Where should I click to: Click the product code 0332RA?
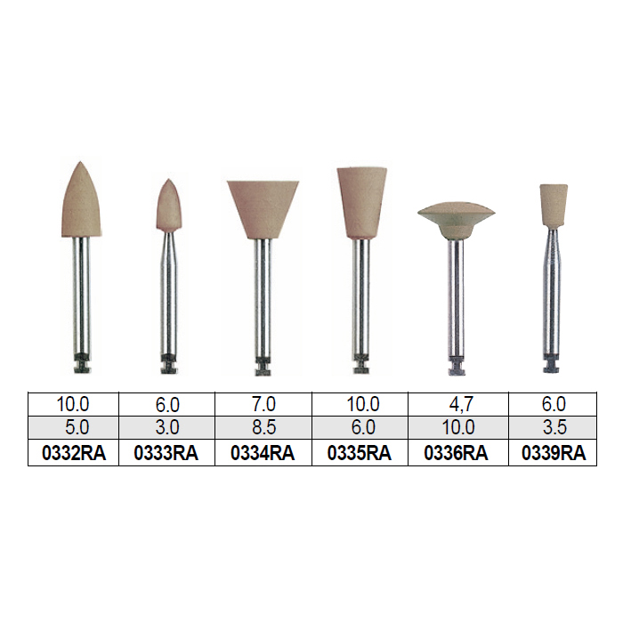tap(74, 453)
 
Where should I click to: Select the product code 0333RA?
tap(166, 453)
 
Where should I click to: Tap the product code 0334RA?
tap(263, 453)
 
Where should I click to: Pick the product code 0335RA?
tap(360, 453)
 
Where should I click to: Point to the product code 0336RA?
tap(456, 453)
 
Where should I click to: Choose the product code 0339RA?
tap(554, 453)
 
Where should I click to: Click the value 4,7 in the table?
tap(460, 404)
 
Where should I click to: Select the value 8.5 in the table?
tap(263, 427)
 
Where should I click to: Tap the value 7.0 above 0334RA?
tap(263, 404)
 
